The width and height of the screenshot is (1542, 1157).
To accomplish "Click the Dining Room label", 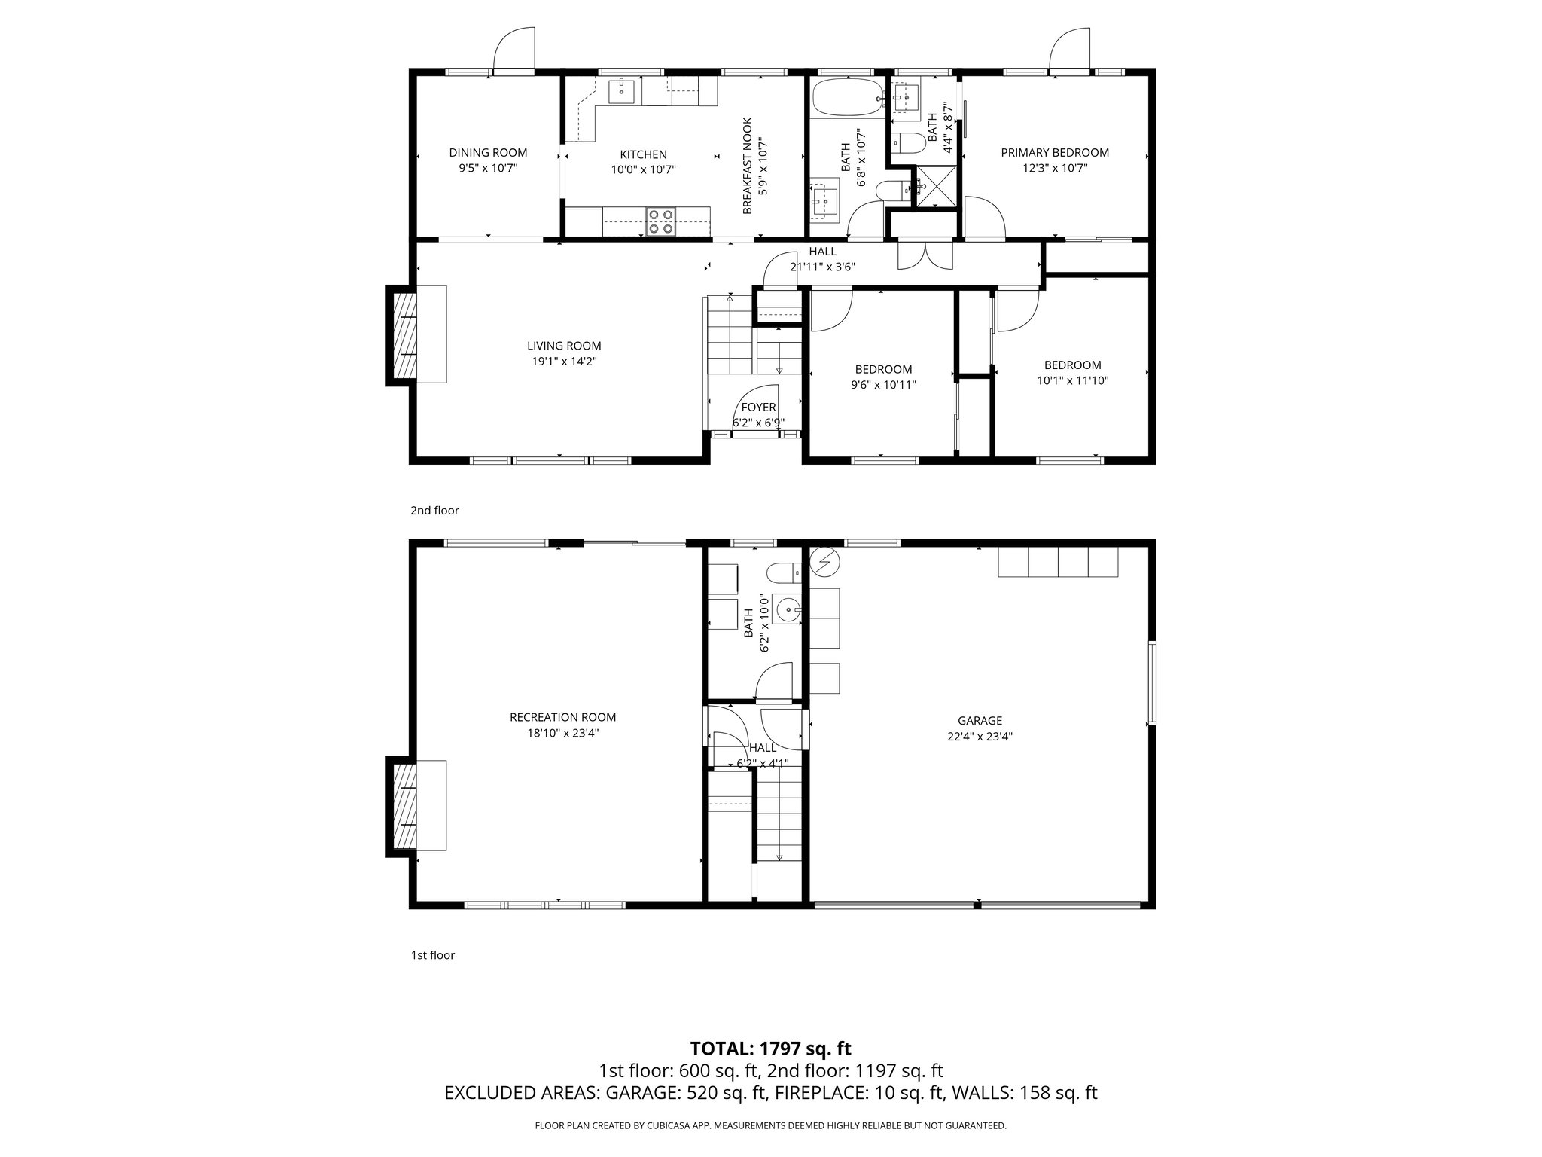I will click(x=488, y=153).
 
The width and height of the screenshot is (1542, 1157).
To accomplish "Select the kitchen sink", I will click(x=622, y=91).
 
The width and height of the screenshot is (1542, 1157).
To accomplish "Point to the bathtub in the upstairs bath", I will click(x=847, y=97).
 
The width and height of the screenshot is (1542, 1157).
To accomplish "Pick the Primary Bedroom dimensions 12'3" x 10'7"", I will click(x=1054, y=169).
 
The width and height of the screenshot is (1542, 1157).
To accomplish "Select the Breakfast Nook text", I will click(x=748, y=166).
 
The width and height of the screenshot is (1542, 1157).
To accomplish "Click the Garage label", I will click(x=980, y=721).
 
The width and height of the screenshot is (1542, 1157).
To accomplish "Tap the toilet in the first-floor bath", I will click(x=783, y=573).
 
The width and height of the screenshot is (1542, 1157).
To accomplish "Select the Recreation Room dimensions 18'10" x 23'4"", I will click(x=563, y=733).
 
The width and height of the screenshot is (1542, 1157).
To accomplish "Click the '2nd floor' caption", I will click(x=434, y=511).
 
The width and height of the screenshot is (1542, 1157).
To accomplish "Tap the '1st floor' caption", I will click(x=432, y=955).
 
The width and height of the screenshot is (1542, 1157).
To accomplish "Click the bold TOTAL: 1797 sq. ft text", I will click(x=770, y=1049).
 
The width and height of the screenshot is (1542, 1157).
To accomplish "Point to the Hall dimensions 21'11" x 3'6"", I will click(x=822, y=267).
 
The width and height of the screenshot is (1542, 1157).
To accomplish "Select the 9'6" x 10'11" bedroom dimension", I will click(x=883, y=385).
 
